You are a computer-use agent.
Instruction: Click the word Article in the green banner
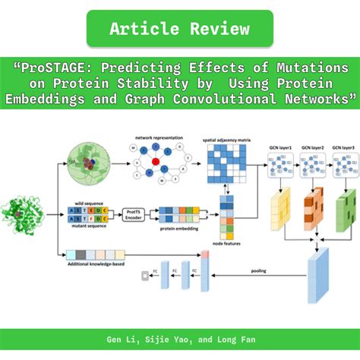[x=144, y=30]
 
